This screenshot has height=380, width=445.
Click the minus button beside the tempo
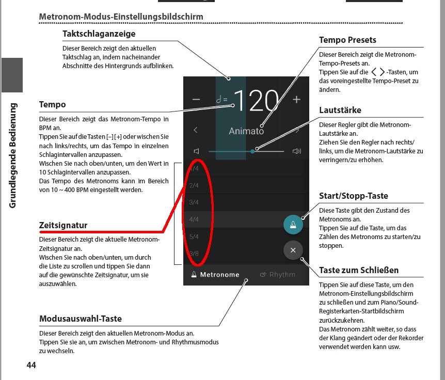(x=196, y=100)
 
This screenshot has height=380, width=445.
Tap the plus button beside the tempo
(x=296, y=100)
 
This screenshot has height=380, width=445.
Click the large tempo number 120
(x=257, y=101)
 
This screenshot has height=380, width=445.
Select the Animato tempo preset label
(x=246, y=131)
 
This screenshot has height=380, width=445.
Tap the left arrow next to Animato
(x=196, y=130)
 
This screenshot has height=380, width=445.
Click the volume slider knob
(x=252, y=151)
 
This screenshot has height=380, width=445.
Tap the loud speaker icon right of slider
(x=296, y=151)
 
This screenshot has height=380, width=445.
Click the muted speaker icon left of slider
(x=196, y=151)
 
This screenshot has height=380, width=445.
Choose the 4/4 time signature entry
(x=194, y=219)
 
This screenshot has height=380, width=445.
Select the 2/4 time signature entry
(x=194, y=185)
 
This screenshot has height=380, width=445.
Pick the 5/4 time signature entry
(x=194, y=237)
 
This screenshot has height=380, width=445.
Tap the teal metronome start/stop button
(x=293, y=225)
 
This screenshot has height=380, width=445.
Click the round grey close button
(x=293, y=250)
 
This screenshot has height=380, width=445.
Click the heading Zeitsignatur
(x=63, y=226)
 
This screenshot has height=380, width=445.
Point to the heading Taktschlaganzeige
(x=99, y=34)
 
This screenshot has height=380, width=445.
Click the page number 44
(x=31, y=366)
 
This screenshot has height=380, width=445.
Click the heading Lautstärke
(x=340, y=110)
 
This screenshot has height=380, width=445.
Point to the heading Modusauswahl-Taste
(x=81, y=319)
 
